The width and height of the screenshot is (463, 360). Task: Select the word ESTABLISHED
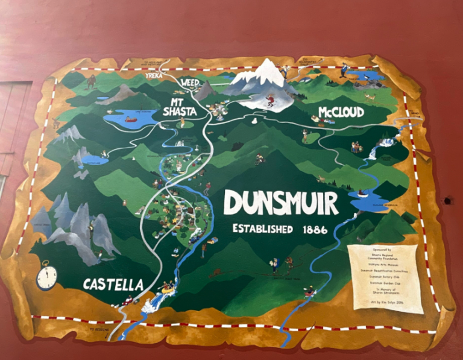point(263,229)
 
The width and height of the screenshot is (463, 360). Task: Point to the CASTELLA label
point(113,284)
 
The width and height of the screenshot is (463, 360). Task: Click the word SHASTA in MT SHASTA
point(179,112)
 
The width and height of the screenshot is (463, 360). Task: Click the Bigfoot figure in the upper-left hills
point(92,81)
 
